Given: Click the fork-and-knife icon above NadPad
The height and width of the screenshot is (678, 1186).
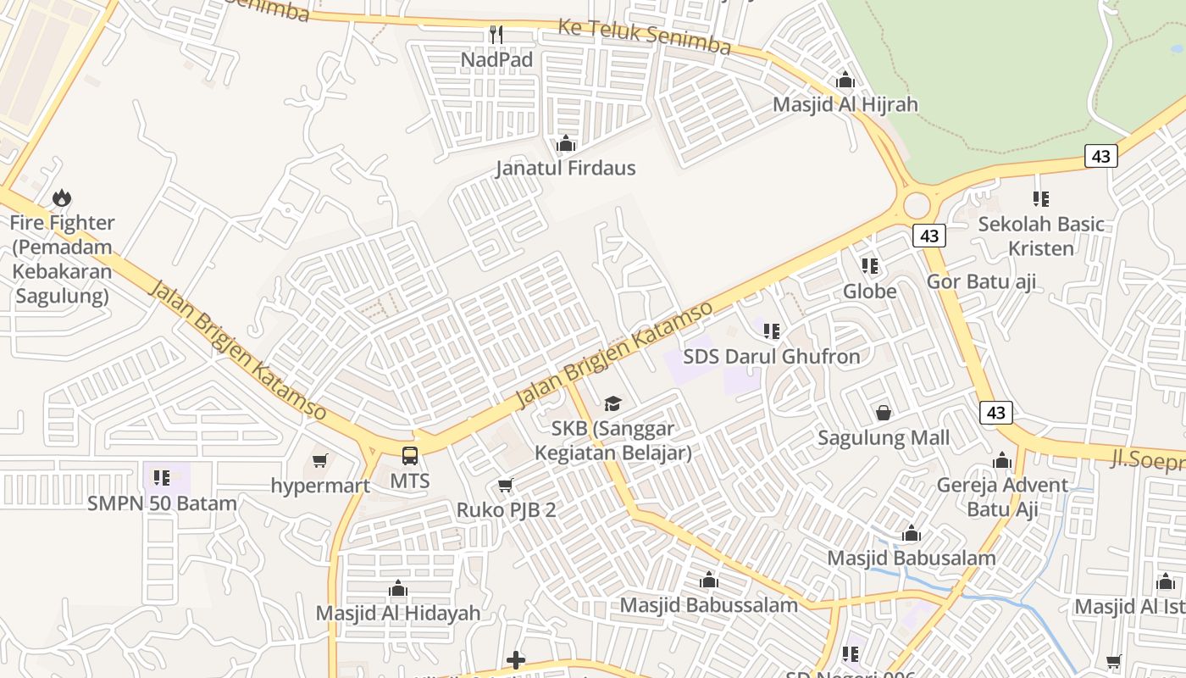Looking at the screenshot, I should point(496,35).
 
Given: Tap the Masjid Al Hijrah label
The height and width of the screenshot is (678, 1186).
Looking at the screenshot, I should point(845,104).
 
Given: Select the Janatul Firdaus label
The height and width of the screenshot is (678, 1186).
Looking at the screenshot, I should point(565,168).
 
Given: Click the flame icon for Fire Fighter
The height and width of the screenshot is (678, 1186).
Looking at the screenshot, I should point(62,198).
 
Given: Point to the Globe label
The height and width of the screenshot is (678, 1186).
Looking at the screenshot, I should point(869,292).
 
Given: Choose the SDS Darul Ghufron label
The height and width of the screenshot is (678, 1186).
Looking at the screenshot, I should point(771,357).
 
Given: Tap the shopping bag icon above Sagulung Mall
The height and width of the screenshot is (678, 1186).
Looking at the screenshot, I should point(884,413).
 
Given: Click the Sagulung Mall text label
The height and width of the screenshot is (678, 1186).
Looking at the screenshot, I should point(884,438).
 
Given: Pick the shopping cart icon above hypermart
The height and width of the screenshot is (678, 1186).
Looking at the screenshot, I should point(319,460).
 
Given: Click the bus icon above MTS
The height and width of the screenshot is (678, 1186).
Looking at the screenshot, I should point(410,456).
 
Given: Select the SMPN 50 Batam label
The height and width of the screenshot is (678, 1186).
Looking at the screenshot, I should point(162,503).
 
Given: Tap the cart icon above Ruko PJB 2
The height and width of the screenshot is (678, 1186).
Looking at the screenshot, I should point(506,485).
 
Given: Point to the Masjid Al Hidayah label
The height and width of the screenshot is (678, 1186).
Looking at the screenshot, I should point(397,613).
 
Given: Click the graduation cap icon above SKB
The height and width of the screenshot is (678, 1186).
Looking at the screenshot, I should point(612,403).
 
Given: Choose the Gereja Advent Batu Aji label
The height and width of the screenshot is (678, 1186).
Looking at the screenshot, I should point(1002,497).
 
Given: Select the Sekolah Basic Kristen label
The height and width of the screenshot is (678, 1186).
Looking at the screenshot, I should point(1041,236).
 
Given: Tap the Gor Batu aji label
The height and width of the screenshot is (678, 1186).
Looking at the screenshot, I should point(981,281).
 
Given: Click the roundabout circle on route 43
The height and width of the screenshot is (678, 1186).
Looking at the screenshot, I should point(917,205).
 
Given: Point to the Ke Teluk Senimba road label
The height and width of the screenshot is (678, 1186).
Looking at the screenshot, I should point(644,36).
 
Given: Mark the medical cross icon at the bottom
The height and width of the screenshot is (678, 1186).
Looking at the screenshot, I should point(515,660).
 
